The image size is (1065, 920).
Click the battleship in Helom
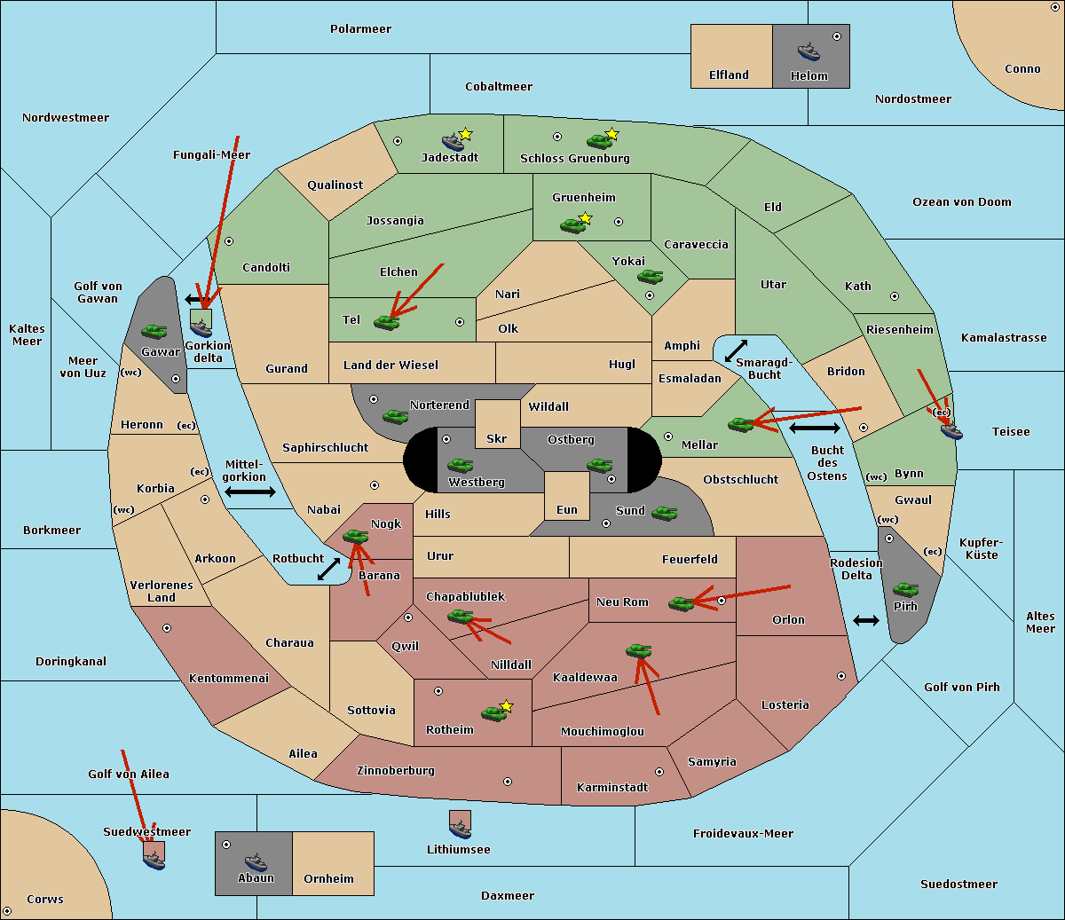809,51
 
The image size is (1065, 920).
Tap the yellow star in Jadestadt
465,135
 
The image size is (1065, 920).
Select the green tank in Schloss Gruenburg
599,141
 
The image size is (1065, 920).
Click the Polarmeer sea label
360,29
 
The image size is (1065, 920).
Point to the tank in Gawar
154,331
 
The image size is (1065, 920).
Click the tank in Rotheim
493,713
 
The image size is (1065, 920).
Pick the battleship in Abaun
256,861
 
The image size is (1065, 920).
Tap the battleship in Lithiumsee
460,829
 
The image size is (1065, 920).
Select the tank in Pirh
905,589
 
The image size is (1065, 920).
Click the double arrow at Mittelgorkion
250,491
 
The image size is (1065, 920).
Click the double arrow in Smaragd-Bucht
736,350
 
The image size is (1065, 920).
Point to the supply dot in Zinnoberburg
508,782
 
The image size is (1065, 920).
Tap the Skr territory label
496,438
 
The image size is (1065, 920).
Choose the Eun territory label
567,509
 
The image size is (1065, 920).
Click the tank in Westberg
460,465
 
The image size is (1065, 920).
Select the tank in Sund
664,513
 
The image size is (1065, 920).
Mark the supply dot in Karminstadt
659,772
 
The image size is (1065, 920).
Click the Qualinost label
335,185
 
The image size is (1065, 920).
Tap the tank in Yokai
650,277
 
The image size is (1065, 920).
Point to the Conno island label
1022,69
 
